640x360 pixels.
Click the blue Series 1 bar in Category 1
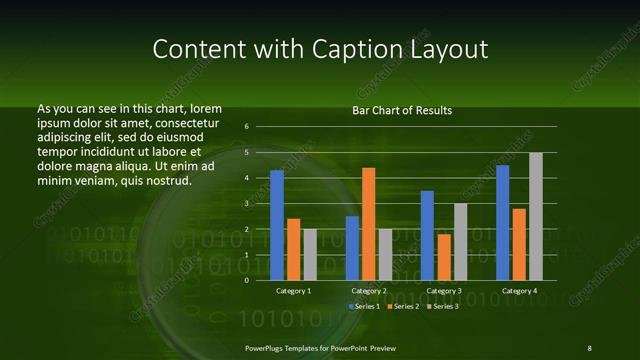coord(277,225)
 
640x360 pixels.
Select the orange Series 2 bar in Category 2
coord(368,224)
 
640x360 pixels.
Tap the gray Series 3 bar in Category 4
coord(536,216)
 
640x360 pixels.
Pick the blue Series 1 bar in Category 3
coord(427,235)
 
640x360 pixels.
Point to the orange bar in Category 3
coord(443,257)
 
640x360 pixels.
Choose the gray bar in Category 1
coord(310,254)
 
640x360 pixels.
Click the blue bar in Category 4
coord(502,222)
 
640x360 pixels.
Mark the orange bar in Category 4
coord(519,244)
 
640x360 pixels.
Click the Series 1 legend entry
coord(367,305)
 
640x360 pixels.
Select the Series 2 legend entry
coord(405,305)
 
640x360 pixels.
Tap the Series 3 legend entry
coord(443,305)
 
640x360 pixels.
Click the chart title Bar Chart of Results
coord(402,110)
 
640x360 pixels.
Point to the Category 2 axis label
coord(368,290)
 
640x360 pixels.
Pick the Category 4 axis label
coord(519,290)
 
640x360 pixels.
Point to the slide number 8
coord(589,347)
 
